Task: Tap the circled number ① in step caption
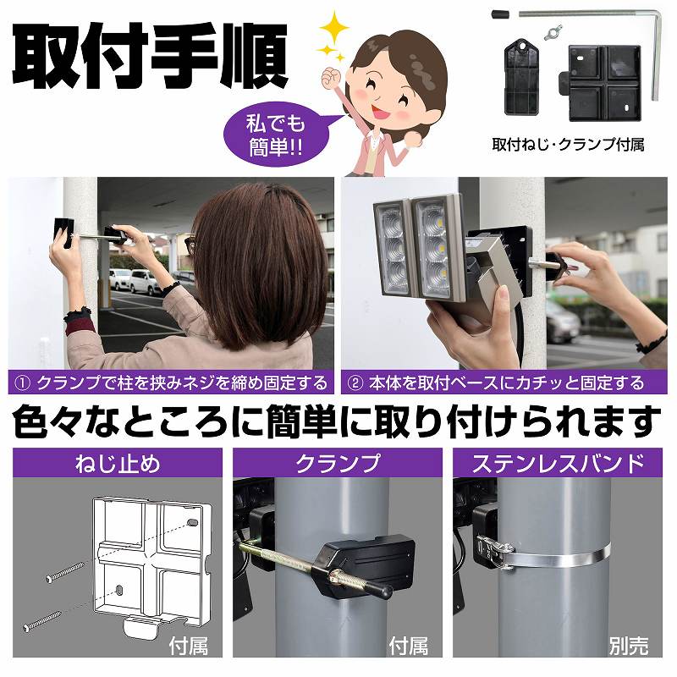coord(23,383)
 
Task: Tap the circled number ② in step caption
coord(358,383)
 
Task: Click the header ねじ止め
coord(118,463)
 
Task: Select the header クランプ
coord(338,463)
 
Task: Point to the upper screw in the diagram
coord(64,571)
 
